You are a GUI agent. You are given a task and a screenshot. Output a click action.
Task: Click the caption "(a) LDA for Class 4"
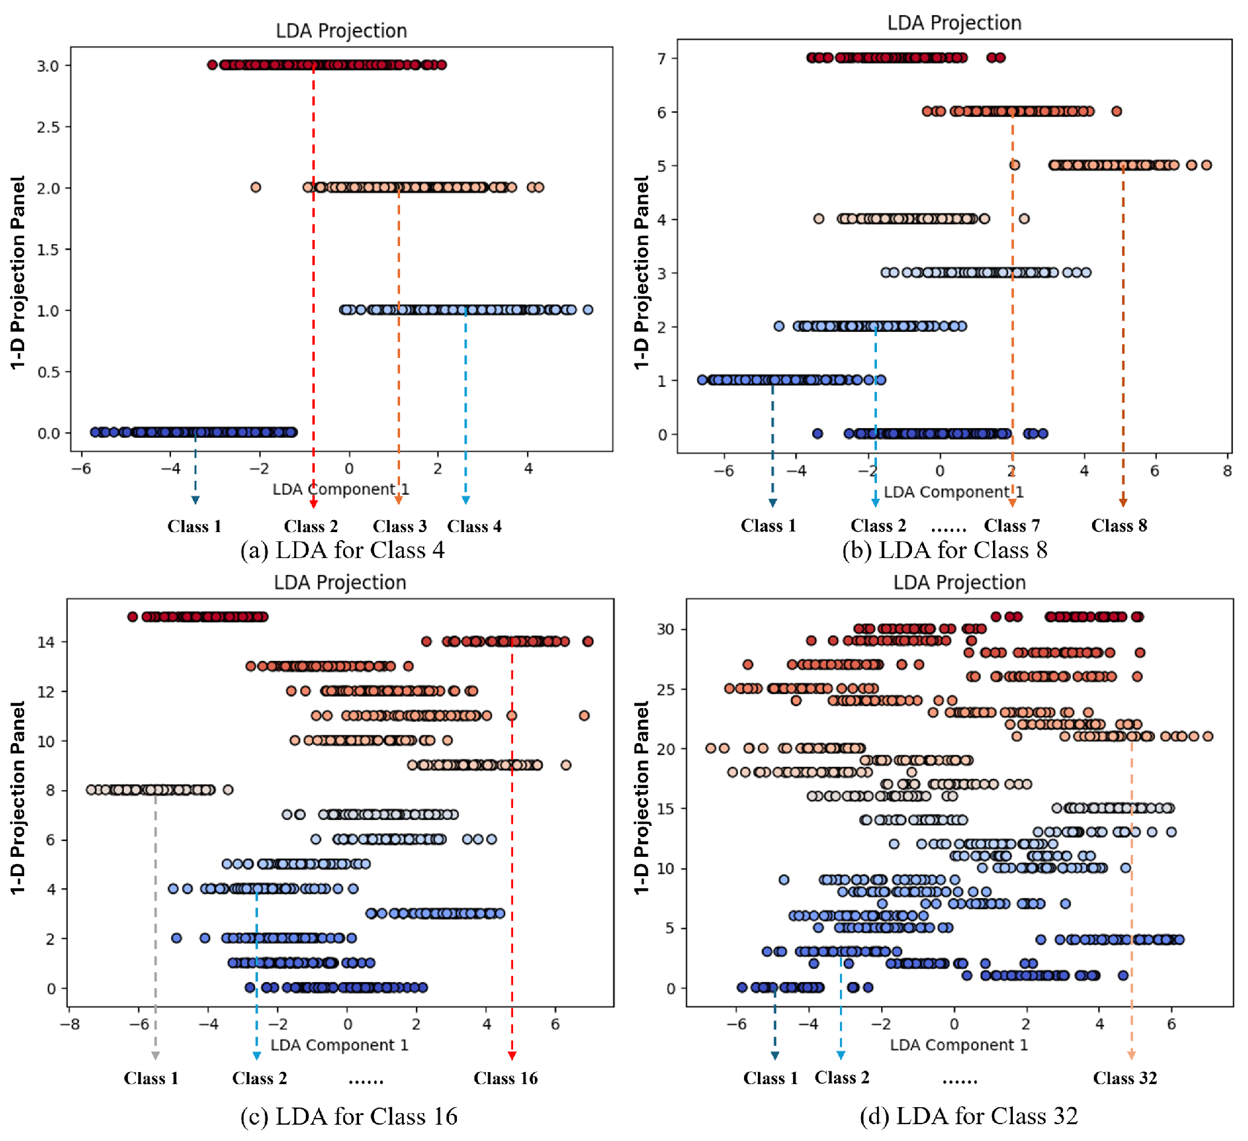coord(342,550)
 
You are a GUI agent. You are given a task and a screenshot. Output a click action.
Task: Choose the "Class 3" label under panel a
coord(399,527)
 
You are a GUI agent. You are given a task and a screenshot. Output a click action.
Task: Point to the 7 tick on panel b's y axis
coord(662,59)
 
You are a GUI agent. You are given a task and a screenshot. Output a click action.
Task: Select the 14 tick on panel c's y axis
coord(46,642)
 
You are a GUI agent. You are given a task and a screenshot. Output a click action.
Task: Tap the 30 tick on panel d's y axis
coord(665,630)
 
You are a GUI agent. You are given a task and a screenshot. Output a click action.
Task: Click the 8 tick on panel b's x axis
coord(1227,472)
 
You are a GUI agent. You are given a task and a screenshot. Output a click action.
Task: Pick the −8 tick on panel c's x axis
coord(70,1024)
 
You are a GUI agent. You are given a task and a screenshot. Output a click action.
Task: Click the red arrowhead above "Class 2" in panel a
coord(314,504)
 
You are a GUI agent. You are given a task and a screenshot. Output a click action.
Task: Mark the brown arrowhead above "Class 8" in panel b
coord(1123,502)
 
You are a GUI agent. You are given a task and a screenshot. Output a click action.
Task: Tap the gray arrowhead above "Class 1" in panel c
coord(155,1056)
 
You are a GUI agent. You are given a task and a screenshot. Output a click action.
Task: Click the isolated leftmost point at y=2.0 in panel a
coord(256,187)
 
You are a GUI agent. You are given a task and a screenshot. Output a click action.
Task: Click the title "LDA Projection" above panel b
coord(954,23)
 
